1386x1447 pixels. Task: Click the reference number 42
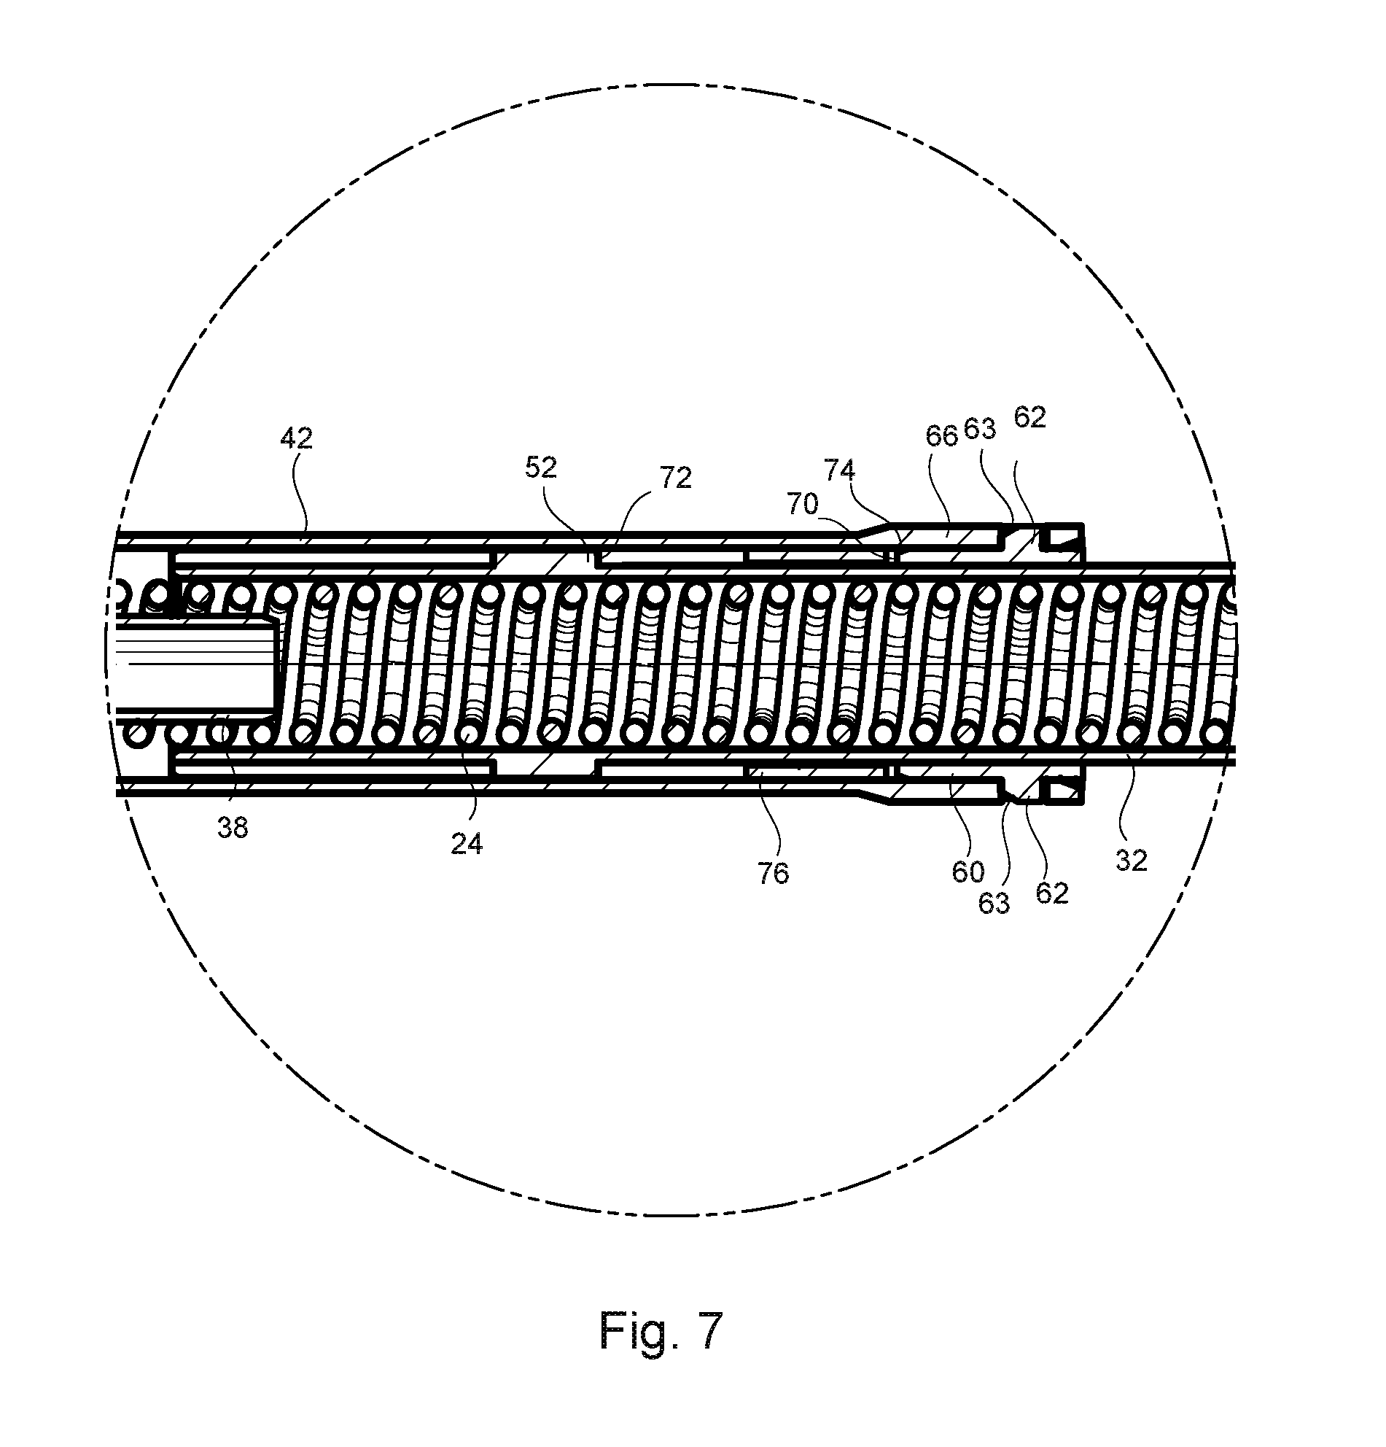click(x=296, y=439)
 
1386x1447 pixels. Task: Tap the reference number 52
click(x=541, y=468)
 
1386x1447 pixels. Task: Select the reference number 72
click(x=675, y=478)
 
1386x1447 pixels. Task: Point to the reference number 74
click(x=840, y=470)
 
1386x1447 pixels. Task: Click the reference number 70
click(x=803, y=504)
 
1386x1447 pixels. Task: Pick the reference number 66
click(x=942, y=435)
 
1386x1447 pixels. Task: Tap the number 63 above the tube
click(x=980, y=429)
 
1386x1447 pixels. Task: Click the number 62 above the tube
click(x=1030, y=418)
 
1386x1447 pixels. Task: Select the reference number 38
click(x=233, y=829)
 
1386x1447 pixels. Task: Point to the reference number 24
click(x=467, y=843)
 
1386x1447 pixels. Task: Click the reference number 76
click(x=773, y=873)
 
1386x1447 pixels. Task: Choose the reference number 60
click(x=968, y=872)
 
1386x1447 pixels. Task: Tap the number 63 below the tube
click(x=993, y=903)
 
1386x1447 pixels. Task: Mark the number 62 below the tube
click(x=1052, y=893)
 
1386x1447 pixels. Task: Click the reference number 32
click(x=1132, y=861)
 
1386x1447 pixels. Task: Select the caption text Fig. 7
click(x=661, y=1330)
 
